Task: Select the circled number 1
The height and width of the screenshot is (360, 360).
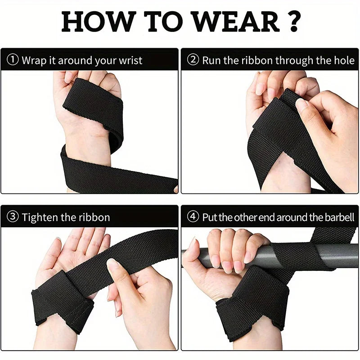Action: click(13, 60)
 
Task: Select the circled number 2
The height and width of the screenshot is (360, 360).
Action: click(193, 60)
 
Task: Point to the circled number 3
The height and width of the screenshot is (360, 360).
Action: click(13, 217)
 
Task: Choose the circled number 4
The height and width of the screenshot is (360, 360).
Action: click(193, 217)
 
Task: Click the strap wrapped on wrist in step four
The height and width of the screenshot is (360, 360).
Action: click(252, 301)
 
